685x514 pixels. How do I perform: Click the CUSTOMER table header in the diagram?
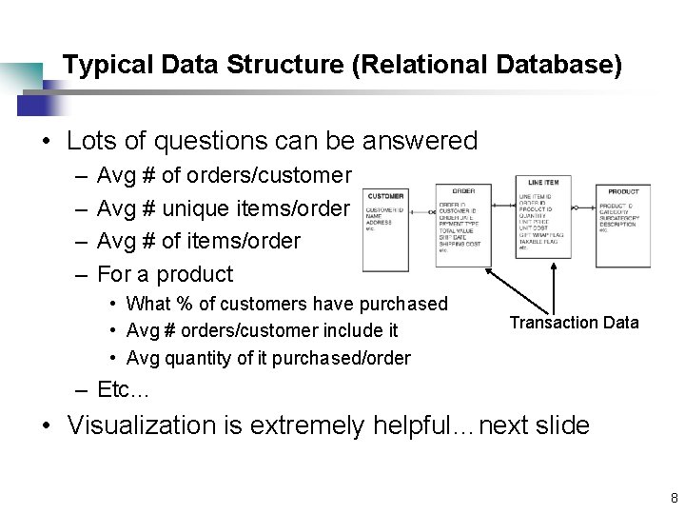[x=385, y=195]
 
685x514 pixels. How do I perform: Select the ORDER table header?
[x=463, y=190]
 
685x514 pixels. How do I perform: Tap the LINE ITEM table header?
[x=543, y=182]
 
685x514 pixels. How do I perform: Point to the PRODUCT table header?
[x=623, y=191]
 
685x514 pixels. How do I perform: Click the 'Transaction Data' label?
[x=574, y=323]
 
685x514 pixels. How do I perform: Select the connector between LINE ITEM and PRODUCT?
[x=582, y=207]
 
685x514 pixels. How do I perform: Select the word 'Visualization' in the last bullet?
[x=141, y=425]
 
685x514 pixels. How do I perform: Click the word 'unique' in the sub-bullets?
[x=194, y=208]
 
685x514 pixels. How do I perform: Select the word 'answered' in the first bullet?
[x=421, y=141]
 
